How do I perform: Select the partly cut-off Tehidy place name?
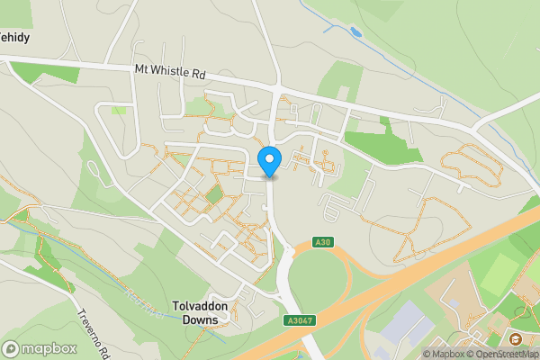coord(14,38)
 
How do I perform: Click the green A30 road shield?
coord(324,242)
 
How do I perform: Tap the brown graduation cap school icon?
coord(516,339)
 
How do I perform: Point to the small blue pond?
coord(355,33)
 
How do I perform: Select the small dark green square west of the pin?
coord(213,193)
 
